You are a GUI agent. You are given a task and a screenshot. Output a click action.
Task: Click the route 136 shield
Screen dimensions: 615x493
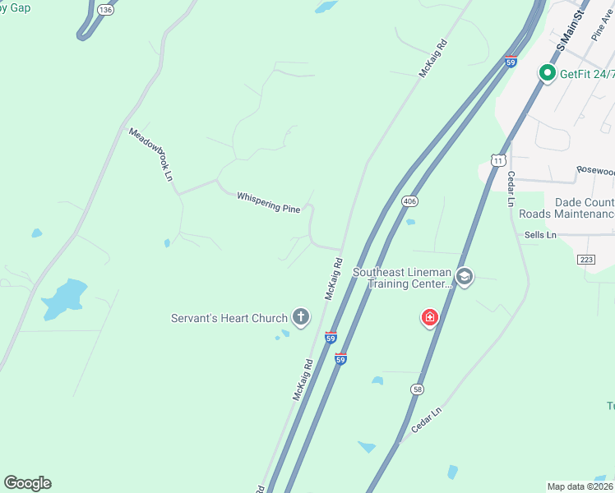coord(104,9)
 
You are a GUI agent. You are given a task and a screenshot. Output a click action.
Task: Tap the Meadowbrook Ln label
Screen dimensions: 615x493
coord(150,154)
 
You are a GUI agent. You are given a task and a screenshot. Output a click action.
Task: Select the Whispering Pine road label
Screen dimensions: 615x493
coord(268,202)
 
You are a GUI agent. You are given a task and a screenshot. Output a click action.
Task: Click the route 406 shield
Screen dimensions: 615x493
coord(410,201)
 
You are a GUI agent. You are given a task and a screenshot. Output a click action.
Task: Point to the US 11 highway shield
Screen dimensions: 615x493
coord(498,159)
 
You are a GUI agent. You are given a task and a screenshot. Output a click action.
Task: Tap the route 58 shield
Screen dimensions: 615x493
coord(418,389)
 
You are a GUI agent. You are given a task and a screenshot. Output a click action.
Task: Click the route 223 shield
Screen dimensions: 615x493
coord(586,260)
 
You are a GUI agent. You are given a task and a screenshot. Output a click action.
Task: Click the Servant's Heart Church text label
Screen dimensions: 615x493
coord(229,318)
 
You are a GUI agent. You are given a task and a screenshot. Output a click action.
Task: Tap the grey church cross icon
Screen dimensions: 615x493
coord(301,317)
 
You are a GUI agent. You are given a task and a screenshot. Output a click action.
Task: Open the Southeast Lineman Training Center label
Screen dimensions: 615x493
coord(402,278)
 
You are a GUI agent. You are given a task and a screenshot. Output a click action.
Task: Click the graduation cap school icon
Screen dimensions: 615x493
coord(465,277)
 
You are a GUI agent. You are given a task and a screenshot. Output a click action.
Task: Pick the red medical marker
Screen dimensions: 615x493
coord(429,317)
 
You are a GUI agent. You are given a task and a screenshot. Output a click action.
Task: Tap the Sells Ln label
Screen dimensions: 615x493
coord(540,235)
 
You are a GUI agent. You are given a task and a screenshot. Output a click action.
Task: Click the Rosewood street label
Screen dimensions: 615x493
coord(594,171)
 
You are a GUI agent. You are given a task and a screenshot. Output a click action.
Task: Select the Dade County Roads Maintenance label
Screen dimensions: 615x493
coord(566,208)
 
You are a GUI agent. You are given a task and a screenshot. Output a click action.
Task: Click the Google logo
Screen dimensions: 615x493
coord(27,483)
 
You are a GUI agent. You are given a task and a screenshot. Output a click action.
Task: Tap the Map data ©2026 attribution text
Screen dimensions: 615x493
coord(580,486)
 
